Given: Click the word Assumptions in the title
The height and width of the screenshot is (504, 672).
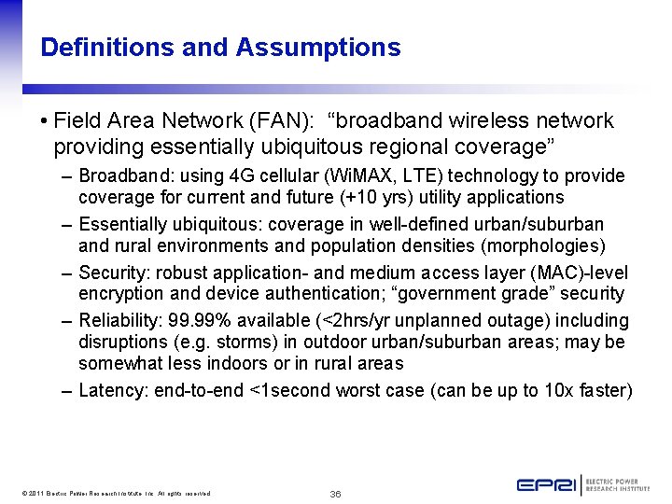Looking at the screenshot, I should coord(318,48).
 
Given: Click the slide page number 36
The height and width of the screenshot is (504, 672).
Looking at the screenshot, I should coord(335,493).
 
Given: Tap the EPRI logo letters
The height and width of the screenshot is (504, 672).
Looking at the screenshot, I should coord(546,485).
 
